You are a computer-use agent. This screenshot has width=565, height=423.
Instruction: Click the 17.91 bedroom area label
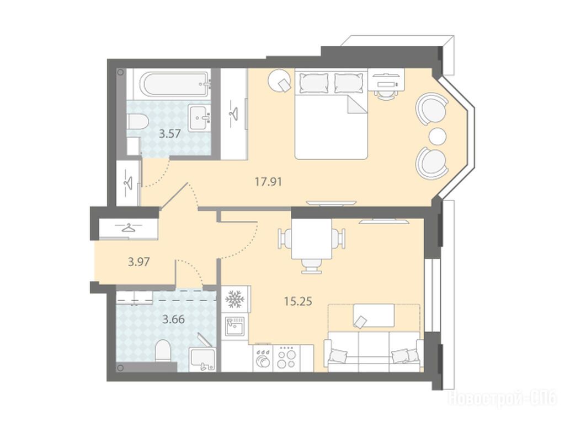tap(269, 182)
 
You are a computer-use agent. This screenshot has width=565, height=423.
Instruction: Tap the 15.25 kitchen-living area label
tap(298, 301)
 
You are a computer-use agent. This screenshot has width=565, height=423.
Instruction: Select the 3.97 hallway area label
tap(138, 262)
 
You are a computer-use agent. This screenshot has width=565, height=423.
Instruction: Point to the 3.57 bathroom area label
tap(170, 134)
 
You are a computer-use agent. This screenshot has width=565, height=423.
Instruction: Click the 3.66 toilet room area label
tap(174, 319)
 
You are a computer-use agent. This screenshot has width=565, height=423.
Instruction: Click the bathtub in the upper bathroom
tap(175, 84)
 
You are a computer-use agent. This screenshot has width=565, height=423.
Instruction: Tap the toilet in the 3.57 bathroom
tap(137, 122)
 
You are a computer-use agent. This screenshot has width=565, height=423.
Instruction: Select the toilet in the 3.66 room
tap(163, 351)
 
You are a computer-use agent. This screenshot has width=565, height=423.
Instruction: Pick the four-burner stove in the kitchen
tap(286, 358)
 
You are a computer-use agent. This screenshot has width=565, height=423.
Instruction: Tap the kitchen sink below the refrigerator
tap(234, 326)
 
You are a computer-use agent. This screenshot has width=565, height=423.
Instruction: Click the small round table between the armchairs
tap(438, 136)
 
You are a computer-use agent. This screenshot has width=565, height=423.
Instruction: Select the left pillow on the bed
tap(314, 83)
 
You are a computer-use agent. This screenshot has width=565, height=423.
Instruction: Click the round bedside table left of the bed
tap(280, 81)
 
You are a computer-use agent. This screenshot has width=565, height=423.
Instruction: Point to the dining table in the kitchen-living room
tap(312, 239)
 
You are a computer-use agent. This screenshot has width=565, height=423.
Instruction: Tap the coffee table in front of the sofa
tap(374, 316)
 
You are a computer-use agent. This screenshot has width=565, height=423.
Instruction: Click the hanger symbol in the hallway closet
tap(128, 228)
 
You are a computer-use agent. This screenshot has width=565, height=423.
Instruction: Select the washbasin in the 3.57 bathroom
tap(200, 117)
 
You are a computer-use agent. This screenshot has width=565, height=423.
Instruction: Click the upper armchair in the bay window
tap(431, 109)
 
